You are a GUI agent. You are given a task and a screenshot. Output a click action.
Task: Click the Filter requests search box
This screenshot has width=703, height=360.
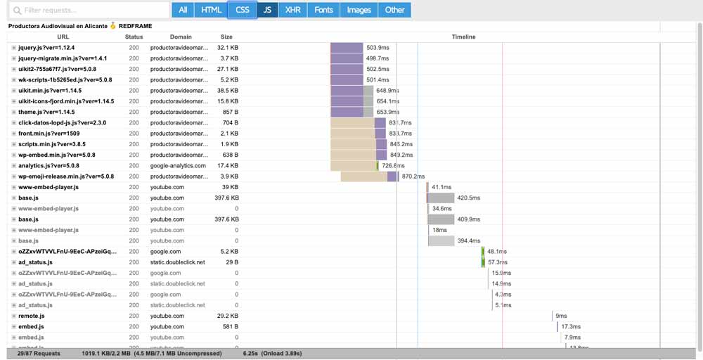pyautogui.click(x=87, y=11)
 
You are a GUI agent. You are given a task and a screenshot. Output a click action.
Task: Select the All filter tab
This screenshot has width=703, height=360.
pyautogui.click(x=183, y=10)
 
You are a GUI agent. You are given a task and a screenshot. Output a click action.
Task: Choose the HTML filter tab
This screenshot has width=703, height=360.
pyautogui.click(x=212, y=10)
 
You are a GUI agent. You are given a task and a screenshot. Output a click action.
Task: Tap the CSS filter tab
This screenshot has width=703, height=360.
pyautogui.click(x=243, y=10)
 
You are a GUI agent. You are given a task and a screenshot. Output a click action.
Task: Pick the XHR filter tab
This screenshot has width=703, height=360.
pyautogui.click(x=292, y=10)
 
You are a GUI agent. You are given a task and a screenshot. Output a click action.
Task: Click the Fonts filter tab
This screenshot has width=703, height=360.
pyautogui.click(x=324, y=10)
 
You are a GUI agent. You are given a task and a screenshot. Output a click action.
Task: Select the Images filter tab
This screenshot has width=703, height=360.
pyautogui.click(x=359, y=10)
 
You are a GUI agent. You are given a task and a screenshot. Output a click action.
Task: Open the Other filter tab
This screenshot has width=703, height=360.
pyautogui.click(x=395, y=10)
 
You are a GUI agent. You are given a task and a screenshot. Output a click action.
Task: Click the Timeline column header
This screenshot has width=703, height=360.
pyautogui.click(x=463, y=37)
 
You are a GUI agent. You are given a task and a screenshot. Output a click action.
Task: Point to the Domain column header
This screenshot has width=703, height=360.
pyautogui.click(x=180, y=37)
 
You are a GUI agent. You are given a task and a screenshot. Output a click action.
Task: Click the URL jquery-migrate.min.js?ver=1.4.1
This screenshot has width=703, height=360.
pyautogui.click(x=63, y=58)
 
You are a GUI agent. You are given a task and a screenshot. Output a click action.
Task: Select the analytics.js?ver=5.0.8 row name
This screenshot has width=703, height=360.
pyautogui.click(x=49, y=166)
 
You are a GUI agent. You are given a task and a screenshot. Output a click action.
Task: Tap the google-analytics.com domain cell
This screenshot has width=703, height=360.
pyautogui.click(x=178, y=166)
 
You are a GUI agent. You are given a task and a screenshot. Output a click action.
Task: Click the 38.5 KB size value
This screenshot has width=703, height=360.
pyautogui.click(x=228, y=91)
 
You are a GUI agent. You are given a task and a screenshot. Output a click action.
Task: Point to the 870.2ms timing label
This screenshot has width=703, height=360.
pyautogui.click(x=413, y=176)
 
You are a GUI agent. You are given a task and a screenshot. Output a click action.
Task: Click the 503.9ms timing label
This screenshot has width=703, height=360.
pyautogui.click(x=378, y=48)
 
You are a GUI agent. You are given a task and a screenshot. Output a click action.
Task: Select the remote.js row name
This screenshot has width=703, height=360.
pyautogui.click(x=32, y=316)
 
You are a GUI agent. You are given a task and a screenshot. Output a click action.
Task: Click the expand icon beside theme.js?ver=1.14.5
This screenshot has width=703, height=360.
pyautogui.click(x=14, y=112)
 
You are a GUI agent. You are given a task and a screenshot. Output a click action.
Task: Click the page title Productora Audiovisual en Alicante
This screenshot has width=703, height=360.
pyautogui.click(x=58, y=26)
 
